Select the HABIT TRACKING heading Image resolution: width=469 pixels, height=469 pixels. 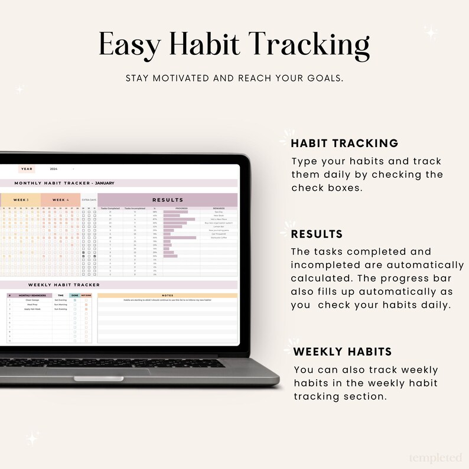[x=344, y=143]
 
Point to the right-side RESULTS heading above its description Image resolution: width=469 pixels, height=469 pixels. [x=317, y=234]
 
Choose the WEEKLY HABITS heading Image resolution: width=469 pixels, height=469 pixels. [x=342, y=351]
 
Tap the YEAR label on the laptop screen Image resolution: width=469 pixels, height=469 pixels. [x=27, y=169]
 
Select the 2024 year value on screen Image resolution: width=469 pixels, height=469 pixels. [x=54, y=169]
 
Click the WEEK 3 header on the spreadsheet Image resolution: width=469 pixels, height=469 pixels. [x=22, y=200]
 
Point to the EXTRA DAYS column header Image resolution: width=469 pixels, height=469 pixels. [x=89, y=200]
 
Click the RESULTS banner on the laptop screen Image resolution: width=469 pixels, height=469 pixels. [x=168, y=200]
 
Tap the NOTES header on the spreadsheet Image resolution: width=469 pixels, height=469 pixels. [x=167, y=295]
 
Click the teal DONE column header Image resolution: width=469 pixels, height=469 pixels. [x=74, y=295]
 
